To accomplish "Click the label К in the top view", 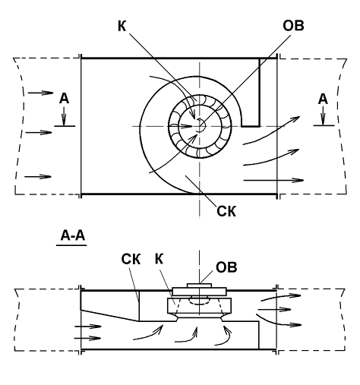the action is pyautogui.click(x=122, y=26).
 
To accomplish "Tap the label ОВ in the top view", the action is pyautogui.click(x=293, y=26).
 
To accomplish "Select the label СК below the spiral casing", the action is pyautogui.click(x=226, y=211).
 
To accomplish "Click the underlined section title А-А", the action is pyautogui.click(x=72, y=236).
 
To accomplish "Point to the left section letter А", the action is pyautogui.click(x=64, y=99).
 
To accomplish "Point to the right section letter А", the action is pyautogui.click(x=323, y=99).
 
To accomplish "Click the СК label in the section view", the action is pyautogui.click(x=131, y=259).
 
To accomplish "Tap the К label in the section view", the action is pyautogui.click(x=159, y=259).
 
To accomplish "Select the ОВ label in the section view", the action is pyautogui.click(x=226, y=267).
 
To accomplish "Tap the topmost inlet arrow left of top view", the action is pyautogui.click(x=40, y=93).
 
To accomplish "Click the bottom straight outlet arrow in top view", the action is pyautogui.click(x=273, y=180).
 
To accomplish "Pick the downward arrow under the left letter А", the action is pyautogui.click(x=64, y=116).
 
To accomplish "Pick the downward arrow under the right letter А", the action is pyautogui.click(x=323, y=115).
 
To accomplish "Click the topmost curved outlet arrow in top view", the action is pyautogui.click(x=272, y=132).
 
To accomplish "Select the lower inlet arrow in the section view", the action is pyautogui.click(x=88, y=338).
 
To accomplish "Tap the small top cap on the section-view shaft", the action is pyautogui.click(x=199, y=286).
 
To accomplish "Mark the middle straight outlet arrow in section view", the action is pyautogui.click(x=274, y=309).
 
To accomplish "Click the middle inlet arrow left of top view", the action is pyautogui.click(x=39, y=132).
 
